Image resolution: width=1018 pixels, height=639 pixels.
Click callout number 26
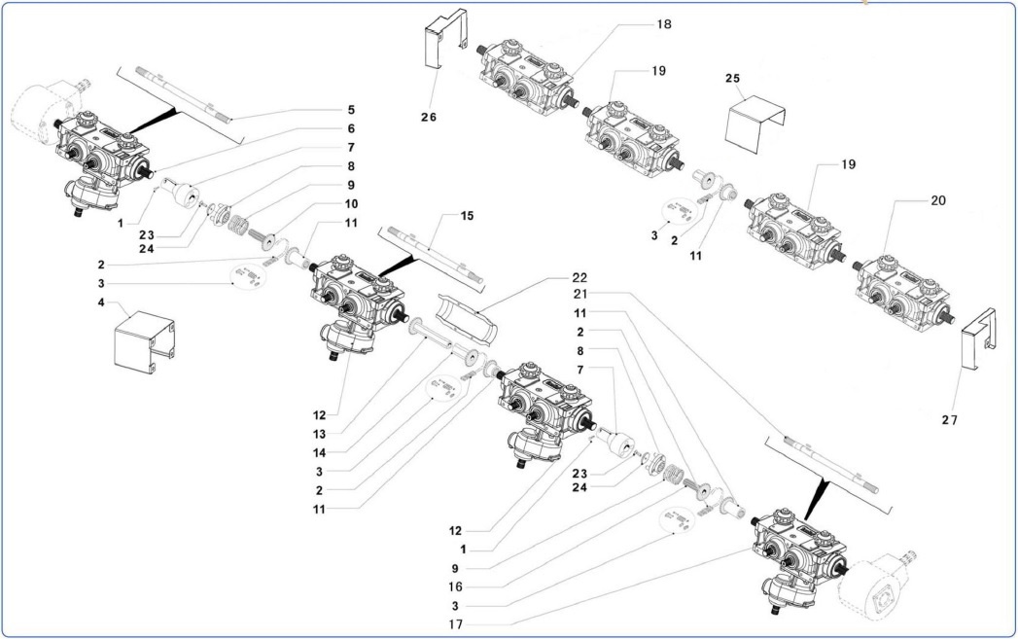pyautogui.click(x=429, y=117)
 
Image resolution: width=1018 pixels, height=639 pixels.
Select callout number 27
pyautogui.click(x=950, y=420)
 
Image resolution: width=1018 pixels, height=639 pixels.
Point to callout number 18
pyautogui.click(x=665, y=23)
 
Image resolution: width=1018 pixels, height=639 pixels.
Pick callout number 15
pyautogui.click(x=468, y=215)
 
